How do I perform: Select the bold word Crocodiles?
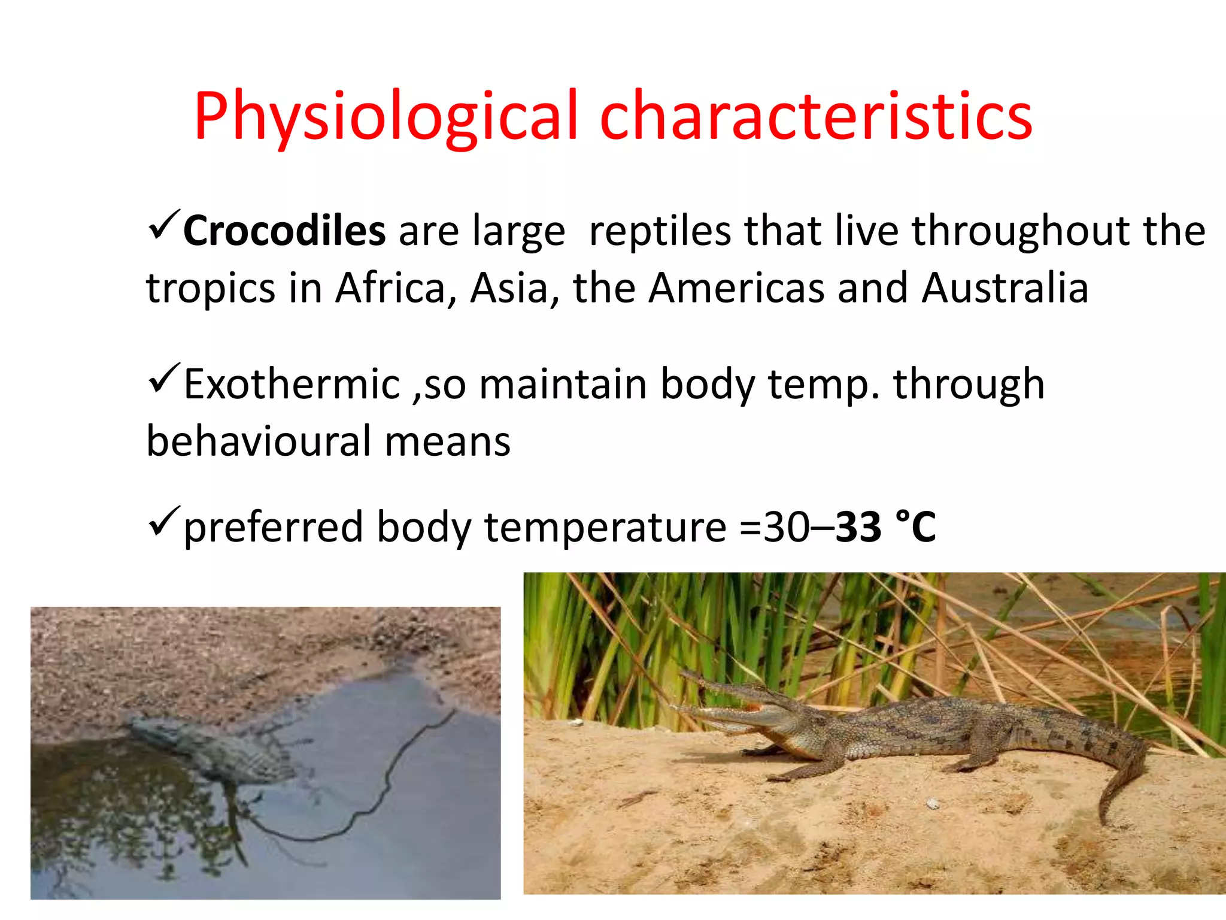pyautogui.click(x=284, y=231)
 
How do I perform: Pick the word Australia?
pyautogui.click(x=1005, y=289)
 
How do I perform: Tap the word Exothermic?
pyautogui.click(x=292, y=385)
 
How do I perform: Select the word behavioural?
pyautogui.click(x=259, y=442)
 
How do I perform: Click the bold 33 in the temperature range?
pyautogui.click(x=858, y=528)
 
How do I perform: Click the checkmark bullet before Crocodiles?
pyautogui.click(x=163, y=225)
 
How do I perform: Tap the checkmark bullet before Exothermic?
pyautogui.click(x=163, y=379)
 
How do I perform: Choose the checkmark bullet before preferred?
pyautogui.click(x=163, y=521)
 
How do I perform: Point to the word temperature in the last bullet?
pyautogui.click(x=605, y=528)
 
